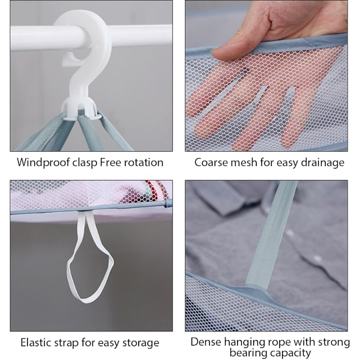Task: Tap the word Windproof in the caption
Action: pyautogui.click(x=43, y=163)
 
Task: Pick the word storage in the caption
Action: pyautogui.click(x=141, y=343)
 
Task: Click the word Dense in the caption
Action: pyautogui.click(x=206, y=342)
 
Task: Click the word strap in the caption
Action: pyautogui.click(x=66, y=343)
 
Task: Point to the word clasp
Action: pyautogui.click(x=85, y=163)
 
